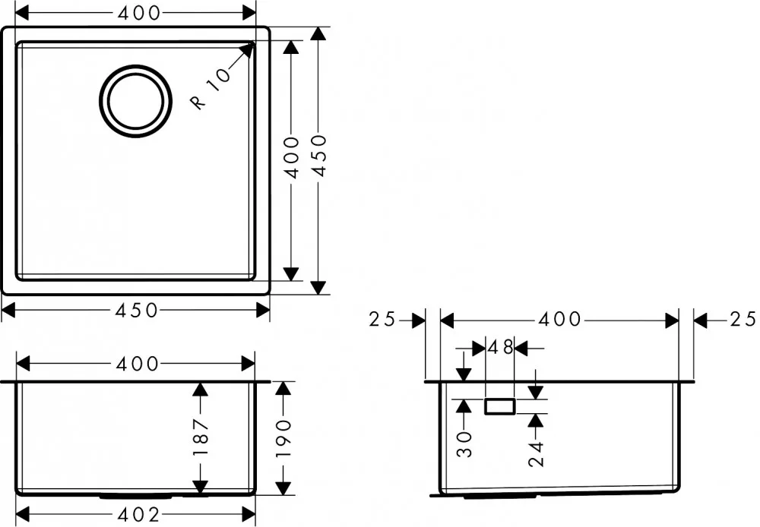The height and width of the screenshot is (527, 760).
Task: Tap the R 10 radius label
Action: pyautogui.click(x=211, y=89)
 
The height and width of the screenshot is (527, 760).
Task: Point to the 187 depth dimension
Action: pyautogui.click(x=200, y=437)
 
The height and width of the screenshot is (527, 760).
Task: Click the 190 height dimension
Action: pyautogui.click(x=283, y=438)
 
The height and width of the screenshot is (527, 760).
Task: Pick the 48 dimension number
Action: pyautogui.click(x=500, y=347)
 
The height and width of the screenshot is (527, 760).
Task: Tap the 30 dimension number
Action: pyautogui.click(x=465, y=443)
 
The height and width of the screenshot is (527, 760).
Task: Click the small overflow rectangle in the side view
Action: pyautogui.click(x=500, y=407)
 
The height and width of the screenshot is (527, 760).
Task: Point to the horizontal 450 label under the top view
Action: pyautogui.click(x=137, y=310)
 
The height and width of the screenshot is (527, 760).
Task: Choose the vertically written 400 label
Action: pyautogui.click(x=293, y=157)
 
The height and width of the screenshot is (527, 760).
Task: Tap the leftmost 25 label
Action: pyautogui.click(x=382, y=320)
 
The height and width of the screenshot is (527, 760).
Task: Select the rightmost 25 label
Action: pyautogui.click(x=743, y=319)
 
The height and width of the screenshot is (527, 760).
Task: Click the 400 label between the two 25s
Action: pyautogui.click(x=560, y=319)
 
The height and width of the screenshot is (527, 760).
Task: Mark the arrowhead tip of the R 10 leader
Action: pyautogui.click(x=254, y=43)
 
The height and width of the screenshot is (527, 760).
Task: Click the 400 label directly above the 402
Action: pyautogui.click(x=137, y=363)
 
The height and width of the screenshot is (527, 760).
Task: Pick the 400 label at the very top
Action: pyautogui.click(x=139, y=13)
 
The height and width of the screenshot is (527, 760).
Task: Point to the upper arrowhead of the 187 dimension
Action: pyautogui.click(x=200, y=390)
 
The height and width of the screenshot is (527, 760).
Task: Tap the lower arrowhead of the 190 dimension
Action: pyautogui.click(x=283, y=488)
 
